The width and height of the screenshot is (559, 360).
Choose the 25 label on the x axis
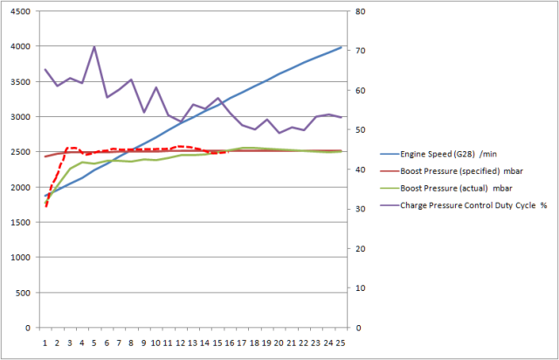point(341,343)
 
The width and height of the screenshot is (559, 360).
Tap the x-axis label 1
point(45,343)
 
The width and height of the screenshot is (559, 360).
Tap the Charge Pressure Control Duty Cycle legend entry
point(473,205)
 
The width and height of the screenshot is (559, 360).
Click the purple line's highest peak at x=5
point(94,47)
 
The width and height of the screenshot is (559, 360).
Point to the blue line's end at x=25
point(341,47)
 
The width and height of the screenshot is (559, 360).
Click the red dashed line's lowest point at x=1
point(45,206)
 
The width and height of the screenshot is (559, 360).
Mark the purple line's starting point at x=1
point(45,69)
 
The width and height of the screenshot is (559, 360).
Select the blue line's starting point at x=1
point(45,196)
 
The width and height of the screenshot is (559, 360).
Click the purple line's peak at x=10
point(155,87)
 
